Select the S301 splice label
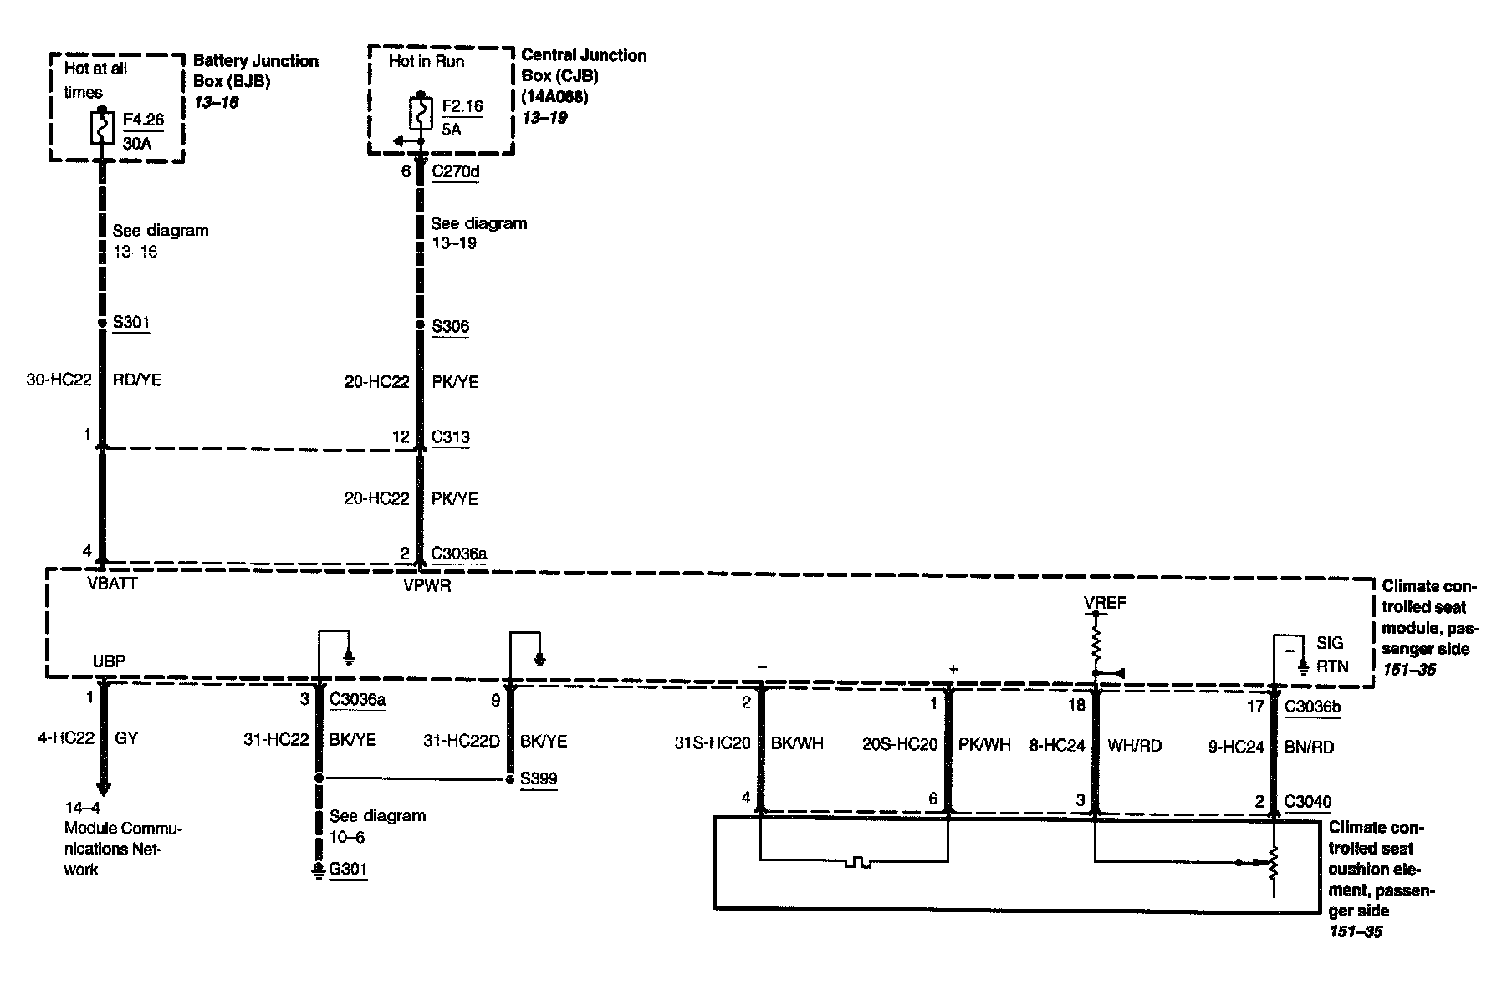tap(131, 323)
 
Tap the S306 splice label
tap(450, 326)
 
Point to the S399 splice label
tap(539, 778)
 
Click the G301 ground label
tap(348, 870)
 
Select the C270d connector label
tap(455, 171)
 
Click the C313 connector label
tap(450, 436)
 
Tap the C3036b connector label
tap(1312, 707)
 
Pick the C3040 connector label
tap(1307, 802)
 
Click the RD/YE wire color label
tap(137, 380)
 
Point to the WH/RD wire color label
tap(1134, 745)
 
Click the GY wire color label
tap(125, 738)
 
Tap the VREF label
tap(1106, 603)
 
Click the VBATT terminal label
tap(112, 583)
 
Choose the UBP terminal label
tap(109, 661)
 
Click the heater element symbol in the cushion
tap(857, 861)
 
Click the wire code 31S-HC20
tap(712, 743)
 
